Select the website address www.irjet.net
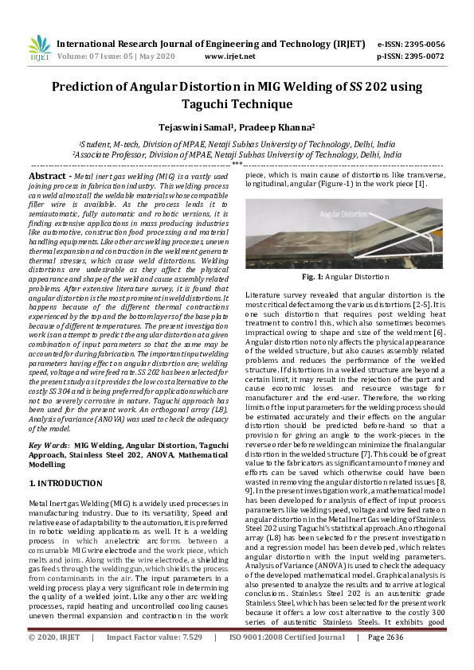tap(230, 56)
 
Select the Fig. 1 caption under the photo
tap(345, 276)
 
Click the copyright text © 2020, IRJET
tap(55, 660)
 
